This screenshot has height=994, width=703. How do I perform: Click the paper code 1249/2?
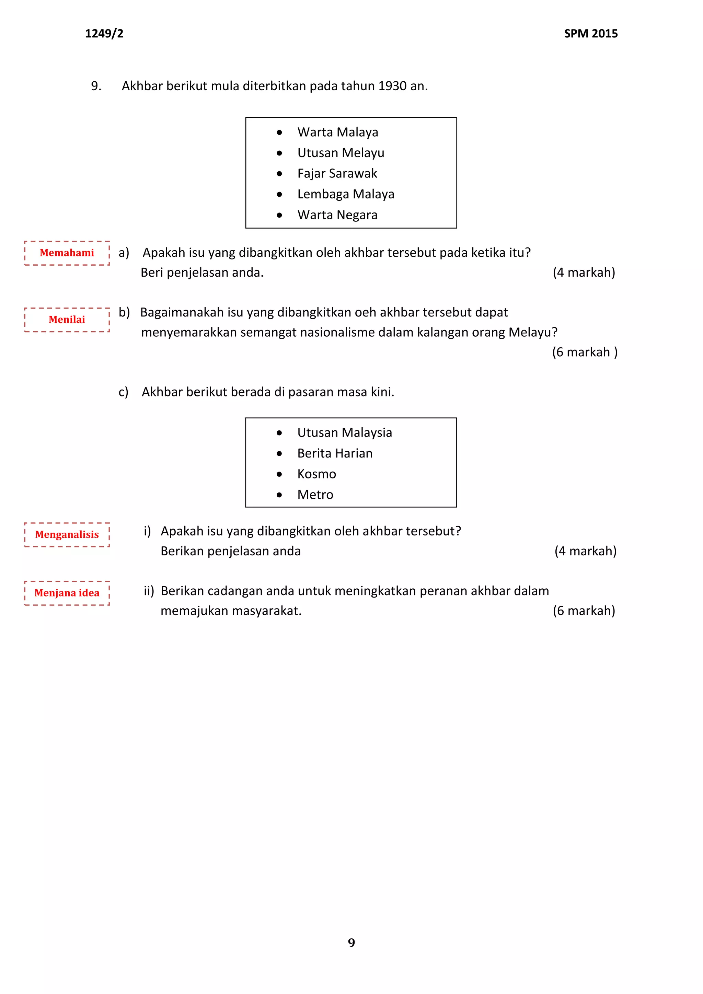tap(104, 33)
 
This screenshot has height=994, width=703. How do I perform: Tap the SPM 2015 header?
tap(590, 33)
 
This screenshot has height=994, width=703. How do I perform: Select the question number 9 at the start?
tap(96, 86)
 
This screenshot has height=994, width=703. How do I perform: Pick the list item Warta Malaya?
tap(338, 132)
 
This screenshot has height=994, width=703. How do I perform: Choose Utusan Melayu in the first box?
tap(341, 153)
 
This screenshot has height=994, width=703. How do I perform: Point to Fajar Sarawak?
tap(337, 174)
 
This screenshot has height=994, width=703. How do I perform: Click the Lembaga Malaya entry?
tap(345, 194)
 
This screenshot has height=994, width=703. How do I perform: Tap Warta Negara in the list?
tap(337, 215)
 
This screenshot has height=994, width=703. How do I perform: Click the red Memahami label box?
tap(67, 253)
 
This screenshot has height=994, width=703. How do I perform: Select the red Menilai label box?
tap(67, 320)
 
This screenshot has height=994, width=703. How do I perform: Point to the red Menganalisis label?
tap(67, 535)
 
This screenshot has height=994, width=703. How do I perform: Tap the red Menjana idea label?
tap(67, 593)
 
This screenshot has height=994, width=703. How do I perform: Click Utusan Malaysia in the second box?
tap(345, 432)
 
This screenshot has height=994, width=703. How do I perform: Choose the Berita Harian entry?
tap(335, 453)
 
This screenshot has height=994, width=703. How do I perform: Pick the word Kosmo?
tap(316, 474)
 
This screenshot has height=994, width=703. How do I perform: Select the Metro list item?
tap(315, 495)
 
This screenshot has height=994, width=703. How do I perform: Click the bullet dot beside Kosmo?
tap(279, 474)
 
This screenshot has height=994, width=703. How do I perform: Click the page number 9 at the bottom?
tap(351, 943)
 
